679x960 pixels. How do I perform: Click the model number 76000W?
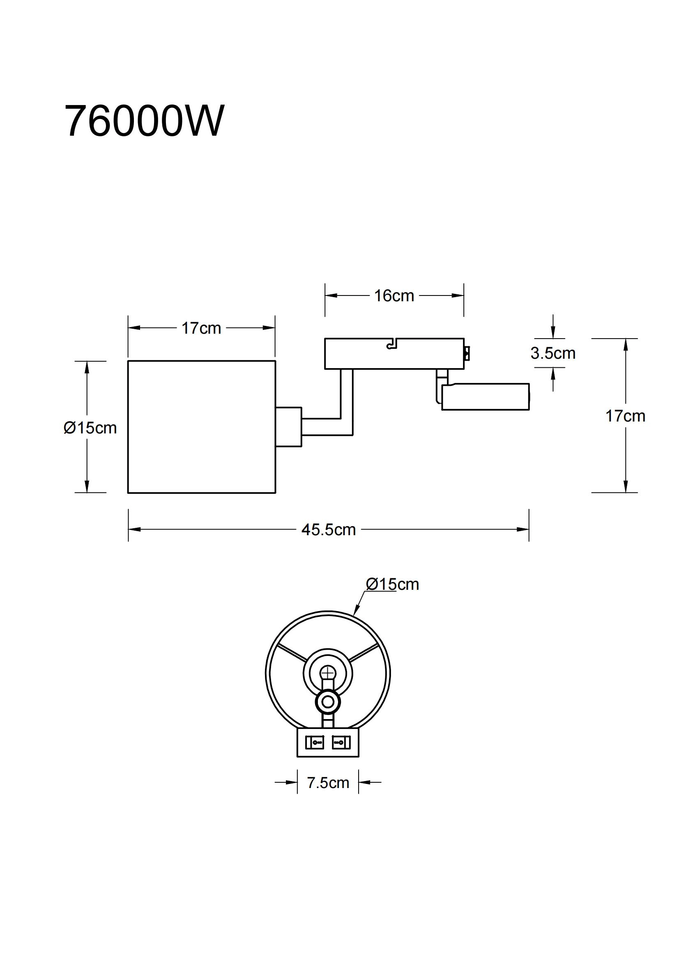tap(144, 121)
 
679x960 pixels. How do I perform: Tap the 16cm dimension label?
tap(394, 296)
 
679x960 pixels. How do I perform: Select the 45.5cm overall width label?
tap(329, 530)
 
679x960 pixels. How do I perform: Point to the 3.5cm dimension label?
tap(552, 354)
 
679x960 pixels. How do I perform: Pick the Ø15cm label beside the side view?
tap(90, 428)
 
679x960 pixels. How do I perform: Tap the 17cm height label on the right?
tap(625, 417)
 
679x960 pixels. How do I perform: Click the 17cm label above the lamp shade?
tap(201, 329)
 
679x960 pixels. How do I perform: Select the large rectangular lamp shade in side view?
tap(201, 427)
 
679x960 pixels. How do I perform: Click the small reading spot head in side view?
tap(485, 396)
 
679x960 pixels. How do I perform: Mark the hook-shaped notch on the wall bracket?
tap(391, 344)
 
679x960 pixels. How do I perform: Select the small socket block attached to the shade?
tap(288, 427)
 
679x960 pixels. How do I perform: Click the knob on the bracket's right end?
tap(467, 353)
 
